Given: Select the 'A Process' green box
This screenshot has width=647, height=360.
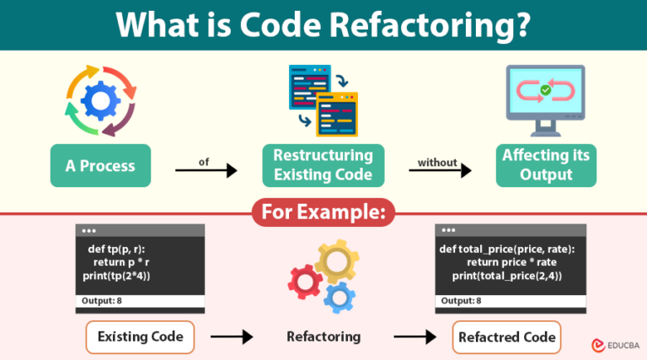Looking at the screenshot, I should [x=99, y=166].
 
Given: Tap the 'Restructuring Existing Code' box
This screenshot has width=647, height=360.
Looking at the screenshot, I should [x=323, y=165].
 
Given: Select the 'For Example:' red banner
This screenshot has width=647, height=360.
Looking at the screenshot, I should [x=323, y=212].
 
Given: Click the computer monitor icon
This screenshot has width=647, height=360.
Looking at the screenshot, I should [x=547, y=101].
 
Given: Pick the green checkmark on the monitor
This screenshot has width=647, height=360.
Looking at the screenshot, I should [x=546, y=89].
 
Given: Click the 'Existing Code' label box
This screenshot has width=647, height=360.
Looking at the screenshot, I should [x=140, y=336].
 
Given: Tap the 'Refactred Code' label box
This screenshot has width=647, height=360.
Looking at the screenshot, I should [x=506, y=336].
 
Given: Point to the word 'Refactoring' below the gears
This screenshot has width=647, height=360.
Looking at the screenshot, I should [x=323, y=336].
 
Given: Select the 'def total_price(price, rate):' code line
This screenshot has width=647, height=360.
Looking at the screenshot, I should [x=505, y=249].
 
